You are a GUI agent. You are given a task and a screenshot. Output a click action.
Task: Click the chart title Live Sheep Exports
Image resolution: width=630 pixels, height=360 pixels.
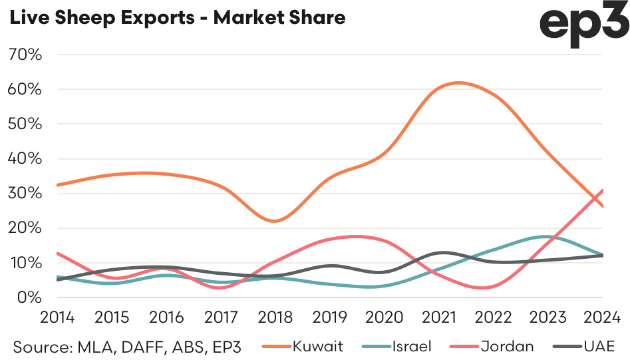pos(176,18)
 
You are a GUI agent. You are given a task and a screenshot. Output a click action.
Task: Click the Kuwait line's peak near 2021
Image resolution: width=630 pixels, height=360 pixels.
pos(458,83)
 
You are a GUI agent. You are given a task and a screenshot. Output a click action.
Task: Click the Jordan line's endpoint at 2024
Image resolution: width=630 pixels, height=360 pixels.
pos(602,190)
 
